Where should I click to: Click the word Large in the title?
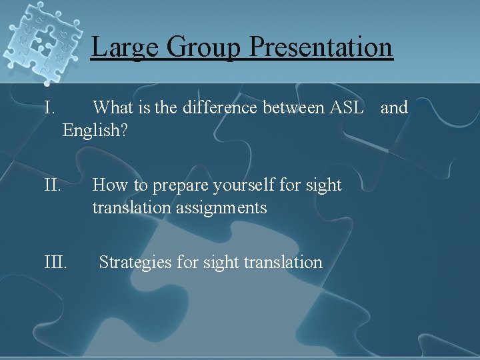point(125,47)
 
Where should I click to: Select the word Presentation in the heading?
point(321,47)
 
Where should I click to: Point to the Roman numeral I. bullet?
point(50,107)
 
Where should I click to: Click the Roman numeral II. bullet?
point(53,185)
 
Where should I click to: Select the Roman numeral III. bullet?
point(55,262)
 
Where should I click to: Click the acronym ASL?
point(347,107)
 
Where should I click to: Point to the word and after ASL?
point(394,107)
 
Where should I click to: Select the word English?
point(95,130)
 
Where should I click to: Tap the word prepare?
point(175,185)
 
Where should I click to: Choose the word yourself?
point(243,185)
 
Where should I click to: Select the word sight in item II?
point(323,185)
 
